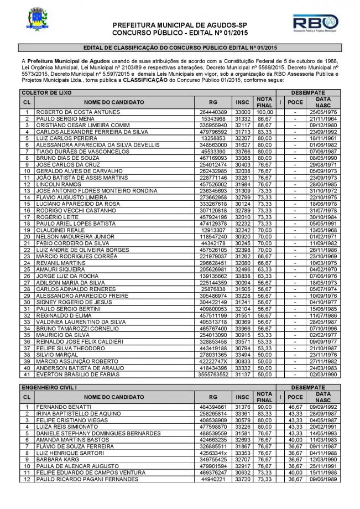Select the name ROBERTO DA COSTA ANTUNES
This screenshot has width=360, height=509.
69,112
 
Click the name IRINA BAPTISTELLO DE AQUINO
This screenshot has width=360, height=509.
73,414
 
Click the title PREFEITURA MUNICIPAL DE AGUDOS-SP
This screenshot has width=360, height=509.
180,25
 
